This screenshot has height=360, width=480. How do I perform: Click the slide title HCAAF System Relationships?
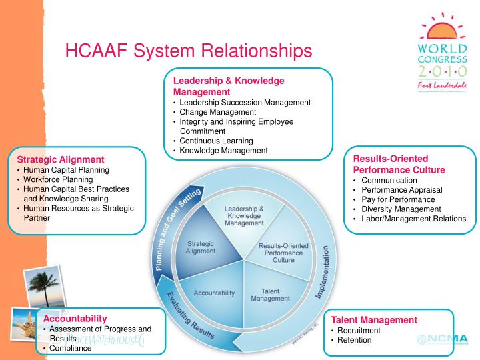(x=188, y=50)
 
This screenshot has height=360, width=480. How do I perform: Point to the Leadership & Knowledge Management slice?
(x=243, y=215)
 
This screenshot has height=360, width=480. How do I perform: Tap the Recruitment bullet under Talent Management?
(x=359, y=330)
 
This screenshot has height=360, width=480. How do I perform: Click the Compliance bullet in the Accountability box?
(x=70, y=348)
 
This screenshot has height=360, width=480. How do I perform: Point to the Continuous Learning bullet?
(x=216, y=141)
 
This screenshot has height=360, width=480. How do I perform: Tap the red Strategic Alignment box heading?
(x=61, y=160)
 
